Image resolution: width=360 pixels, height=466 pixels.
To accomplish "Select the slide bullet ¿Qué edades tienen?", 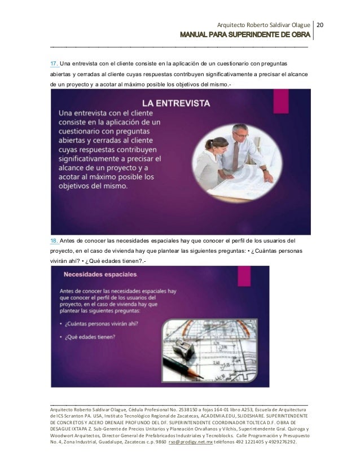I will pyautogui.click(x=90, y=338).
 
